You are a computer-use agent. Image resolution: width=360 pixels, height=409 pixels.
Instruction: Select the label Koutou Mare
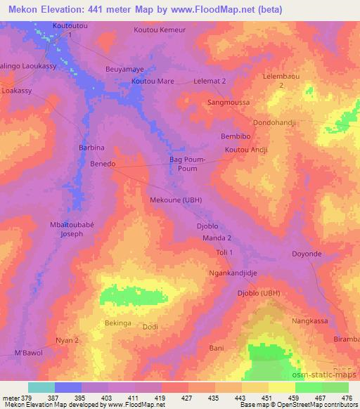[153, 82]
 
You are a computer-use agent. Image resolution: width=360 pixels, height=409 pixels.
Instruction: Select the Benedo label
[103, 164]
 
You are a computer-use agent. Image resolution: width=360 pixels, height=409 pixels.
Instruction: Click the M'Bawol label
[29, 352]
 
